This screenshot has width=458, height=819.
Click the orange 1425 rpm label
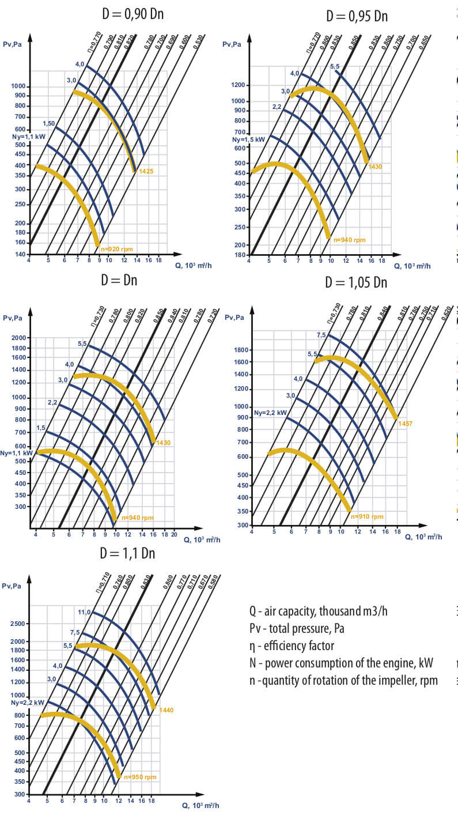[x=145, y=172]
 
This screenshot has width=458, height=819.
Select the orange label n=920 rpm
[x=117, y=249]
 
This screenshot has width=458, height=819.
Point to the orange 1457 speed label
[x=405, y=424]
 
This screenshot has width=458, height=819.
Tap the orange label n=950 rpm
[x=140, y=777]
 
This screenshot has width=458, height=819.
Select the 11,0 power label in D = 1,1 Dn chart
[x=84, y=612]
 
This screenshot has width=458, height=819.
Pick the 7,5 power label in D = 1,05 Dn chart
[x=321, y=335]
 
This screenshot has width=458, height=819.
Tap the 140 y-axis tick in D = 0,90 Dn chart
[x=20, y=254]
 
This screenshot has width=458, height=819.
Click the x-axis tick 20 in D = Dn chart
[x=173, y=535]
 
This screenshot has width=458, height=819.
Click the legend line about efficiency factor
[x=292, y=646]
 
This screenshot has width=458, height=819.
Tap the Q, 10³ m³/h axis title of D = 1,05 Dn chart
[x=423, y=537]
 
